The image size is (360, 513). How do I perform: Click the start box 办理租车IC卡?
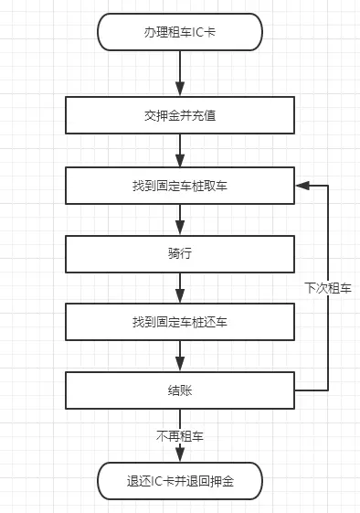180,31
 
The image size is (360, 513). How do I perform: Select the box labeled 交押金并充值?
180,115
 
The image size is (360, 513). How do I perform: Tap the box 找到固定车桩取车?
180,185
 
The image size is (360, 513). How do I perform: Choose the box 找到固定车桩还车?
180,323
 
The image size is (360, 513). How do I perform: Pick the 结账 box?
180,390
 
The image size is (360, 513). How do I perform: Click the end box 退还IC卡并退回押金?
180,479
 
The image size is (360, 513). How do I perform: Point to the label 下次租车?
328,287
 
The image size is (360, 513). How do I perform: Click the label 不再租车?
180,436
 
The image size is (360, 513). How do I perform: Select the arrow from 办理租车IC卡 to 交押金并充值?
180,72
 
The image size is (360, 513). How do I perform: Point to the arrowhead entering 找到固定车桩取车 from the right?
301,185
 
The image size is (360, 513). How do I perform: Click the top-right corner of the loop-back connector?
328,185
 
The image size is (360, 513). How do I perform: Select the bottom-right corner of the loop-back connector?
328,390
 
